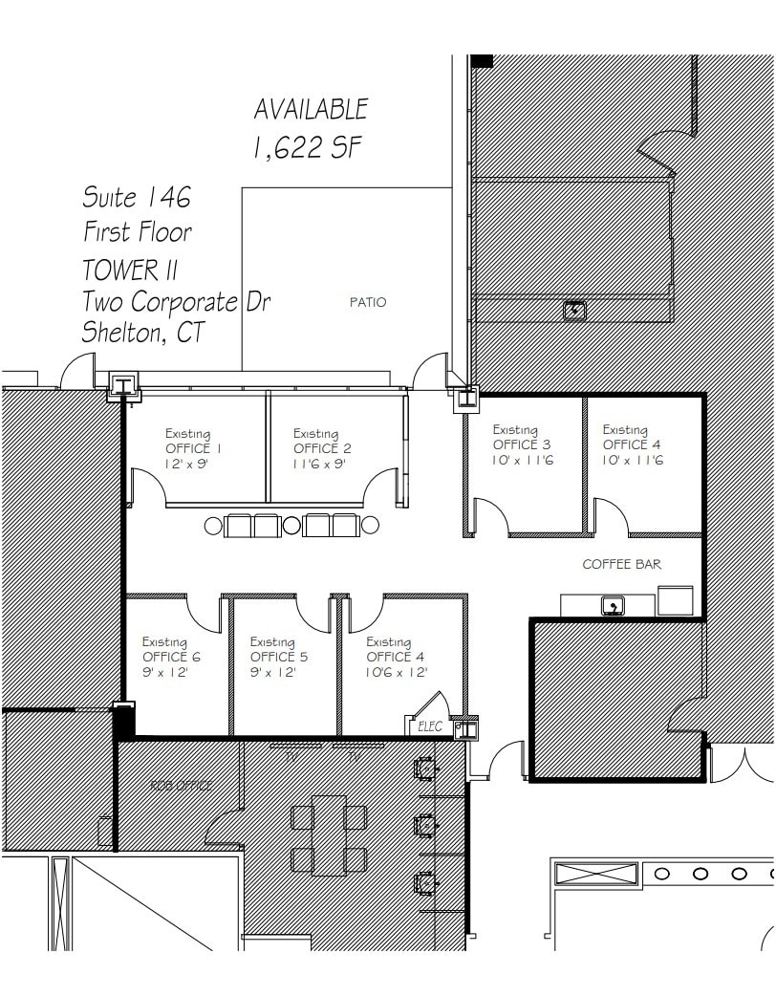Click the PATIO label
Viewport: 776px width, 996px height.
367,302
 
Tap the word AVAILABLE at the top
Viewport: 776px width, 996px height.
310,109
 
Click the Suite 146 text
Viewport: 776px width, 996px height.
136,197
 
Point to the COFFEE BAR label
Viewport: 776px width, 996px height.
621,564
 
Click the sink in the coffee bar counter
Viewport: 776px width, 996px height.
610,605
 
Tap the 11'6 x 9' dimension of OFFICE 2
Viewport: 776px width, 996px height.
319,464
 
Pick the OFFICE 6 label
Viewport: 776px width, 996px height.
171,657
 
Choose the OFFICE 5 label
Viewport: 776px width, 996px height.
279,657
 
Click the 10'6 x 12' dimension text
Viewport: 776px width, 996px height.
395,672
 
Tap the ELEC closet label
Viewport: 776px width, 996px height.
430,726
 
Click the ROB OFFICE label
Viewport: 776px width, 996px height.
181,785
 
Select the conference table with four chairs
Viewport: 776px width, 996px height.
329,834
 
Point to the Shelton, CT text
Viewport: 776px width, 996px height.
142,333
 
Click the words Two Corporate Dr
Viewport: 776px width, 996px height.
176,301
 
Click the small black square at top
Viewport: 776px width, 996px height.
482,61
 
